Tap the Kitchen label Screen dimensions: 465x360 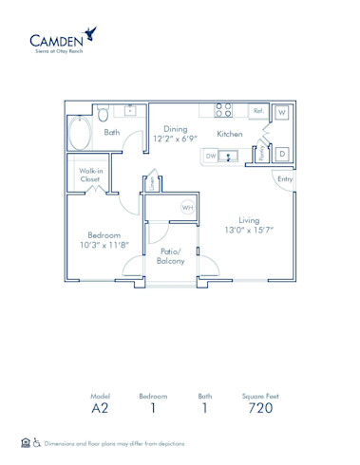pos(230,134)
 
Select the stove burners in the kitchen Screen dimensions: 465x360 pos(223,110)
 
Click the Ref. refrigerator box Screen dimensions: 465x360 pos(258,111)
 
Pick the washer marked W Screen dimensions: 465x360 pos(281,112)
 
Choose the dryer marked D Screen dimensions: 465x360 pos(281,153)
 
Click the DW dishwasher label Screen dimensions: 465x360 pos(210,156)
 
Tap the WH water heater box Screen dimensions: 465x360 pos(188,208)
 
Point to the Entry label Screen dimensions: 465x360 pos(283,178)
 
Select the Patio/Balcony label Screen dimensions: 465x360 pos(171,255)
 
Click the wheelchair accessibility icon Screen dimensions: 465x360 pos(37,442)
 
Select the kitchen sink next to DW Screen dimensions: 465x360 pos(228,157)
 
